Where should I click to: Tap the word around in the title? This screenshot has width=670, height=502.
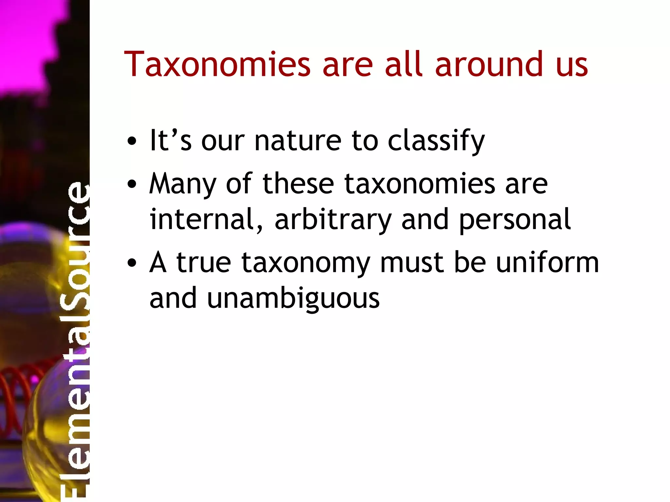[489, 65]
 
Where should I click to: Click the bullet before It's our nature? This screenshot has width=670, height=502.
[132, 142]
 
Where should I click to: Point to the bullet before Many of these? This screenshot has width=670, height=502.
[132, 184]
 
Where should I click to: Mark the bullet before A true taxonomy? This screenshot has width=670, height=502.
[132, 263]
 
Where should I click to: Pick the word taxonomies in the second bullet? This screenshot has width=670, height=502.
[420, 184]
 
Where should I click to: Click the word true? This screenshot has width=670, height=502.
[204, 263]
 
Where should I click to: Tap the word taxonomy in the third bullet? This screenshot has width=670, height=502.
[306, 263]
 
